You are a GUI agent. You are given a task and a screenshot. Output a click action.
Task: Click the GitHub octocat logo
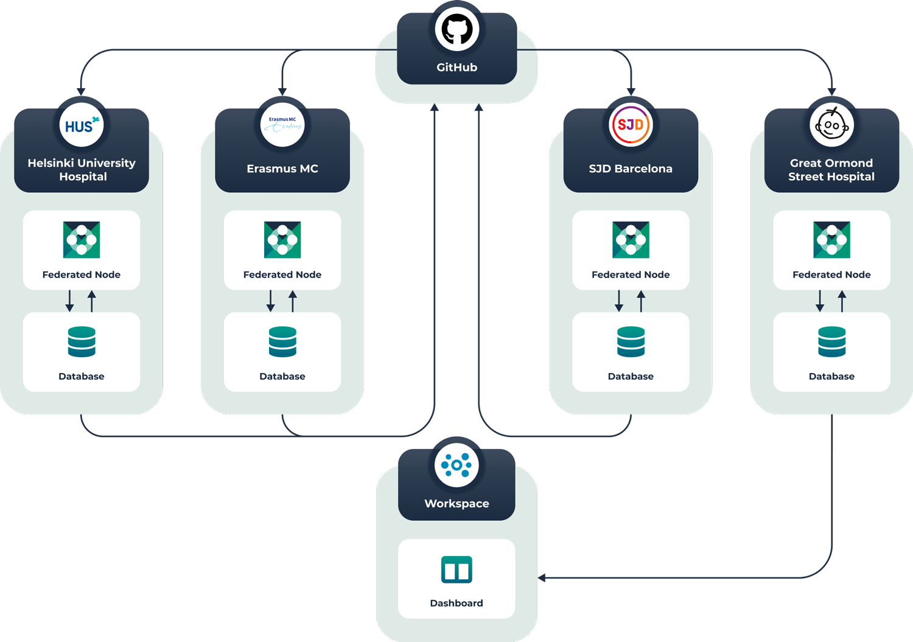coord(456,29)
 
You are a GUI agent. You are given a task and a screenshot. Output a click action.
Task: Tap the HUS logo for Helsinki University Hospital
coord(82,125)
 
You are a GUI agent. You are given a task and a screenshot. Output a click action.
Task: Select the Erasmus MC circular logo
coord(282,125)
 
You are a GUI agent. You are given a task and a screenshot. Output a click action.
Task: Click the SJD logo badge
coord(631,125)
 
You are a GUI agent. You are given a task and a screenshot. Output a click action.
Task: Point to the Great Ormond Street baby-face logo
coord(831,125)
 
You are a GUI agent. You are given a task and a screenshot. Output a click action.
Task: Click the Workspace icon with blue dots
coord(456,465)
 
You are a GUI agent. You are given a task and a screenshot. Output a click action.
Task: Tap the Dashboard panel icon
coord(456,570)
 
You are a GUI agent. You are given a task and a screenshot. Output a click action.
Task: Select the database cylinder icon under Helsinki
coord(82,341)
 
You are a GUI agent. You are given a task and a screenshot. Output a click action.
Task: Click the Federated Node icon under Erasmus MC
coord(282,240)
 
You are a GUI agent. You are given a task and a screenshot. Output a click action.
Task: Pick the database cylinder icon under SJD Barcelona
coord(631,341)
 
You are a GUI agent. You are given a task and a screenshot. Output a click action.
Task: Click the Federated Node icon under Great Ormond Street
coord(831,240)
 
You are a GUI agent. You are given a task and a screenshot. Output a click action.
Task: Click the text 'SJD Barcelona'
coord(631,169)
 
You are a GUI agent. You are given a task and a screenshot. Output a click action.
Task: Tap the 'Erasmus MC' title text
coord(282,169)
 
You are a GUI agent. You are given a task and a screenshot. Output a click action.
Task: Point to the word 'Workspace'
coord(456,503)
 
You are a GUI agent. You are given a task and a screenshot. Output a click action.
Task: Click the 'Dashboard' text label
coord(456,603)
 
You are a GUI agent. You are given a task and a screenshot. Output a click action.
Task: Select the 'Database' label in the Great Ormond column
coord(831,376)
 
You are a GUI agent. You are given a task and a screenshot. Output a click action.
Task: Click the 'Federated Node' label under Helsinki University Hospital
coord(82,274)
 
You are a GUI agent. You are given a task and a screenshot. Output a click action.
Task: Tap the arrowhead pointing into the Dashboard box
coord(542,577)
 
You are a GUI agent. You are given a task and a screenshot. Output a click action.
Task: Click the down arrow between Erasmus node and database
coord(271,301)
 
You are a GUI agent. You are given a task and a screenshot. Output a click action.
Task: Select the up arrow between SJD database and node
coord(641,301)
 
